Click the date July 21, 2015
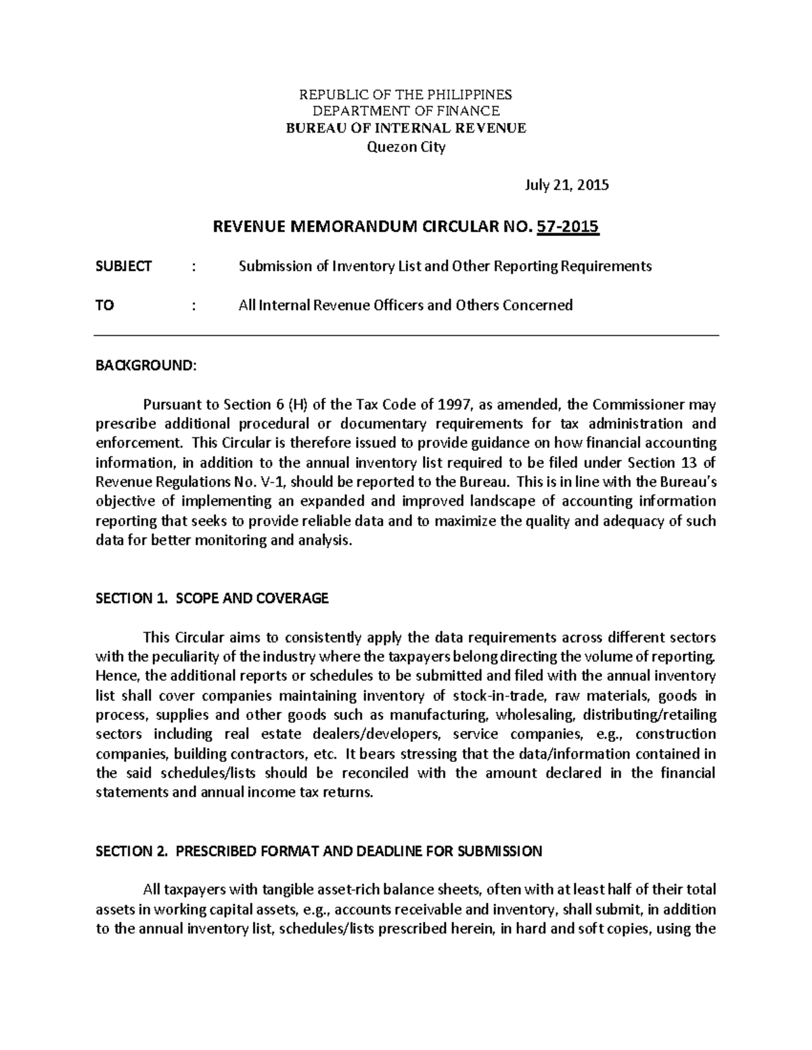567,185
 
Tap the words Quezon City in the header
406,148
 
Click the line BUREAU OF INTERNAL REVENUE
406,128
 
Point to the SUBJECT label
124,266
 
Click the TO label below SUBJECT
105,306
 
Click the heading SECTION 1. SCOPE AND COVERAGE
212,598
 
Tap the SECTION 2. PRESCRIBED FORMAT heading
319,852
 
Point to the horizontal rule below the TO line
406,335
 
